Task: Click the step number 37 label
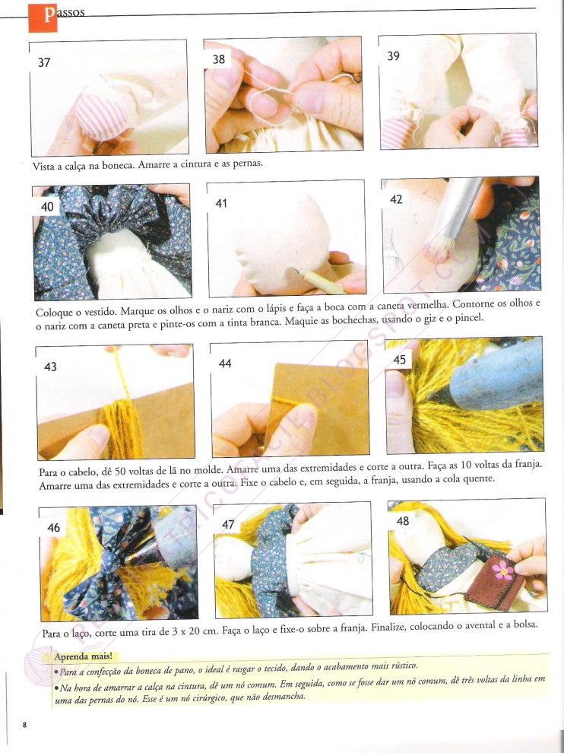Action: (44, 62)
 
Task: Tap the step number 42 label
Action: (396, 199)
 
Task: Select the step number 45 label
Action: (399, 360)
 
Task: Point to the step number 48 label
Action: (402, 520)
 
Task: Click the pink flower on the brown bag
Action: (503, 570)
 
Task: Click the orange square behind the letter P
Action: (43, 17)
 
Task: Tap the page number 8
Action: (24, 724)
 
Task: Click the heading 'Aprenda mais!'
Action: (84, 656)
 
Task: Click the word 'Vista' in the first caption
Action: (42, 166)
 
